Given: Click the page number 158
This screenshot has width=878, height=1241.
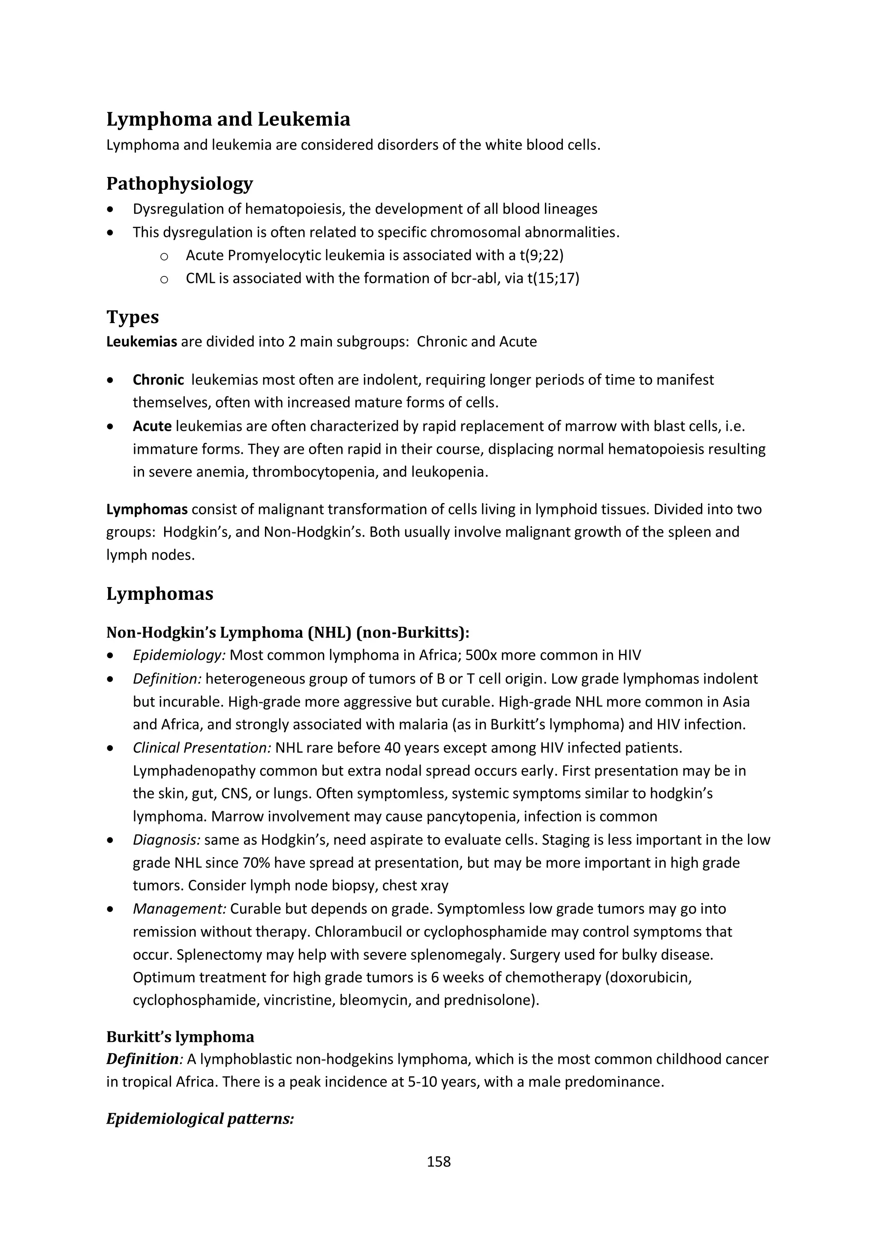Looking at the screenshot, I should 439,1161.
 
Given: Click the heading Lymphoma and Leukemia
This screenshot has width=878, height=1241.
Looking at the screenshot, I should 228,120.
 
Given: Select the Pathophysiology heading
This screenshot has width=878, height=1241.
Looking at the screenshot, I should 180,184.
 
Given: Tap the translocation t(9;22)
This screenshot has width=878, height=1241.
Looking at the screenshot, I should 538,255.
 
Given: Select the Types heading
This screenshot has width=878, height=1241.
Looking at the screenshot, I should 132,317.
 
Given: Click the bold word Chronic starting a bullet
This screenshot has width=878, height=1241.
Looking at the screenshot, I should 158,380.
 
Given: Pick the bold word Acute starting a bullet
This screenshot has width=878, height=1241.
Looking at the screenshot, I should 152,426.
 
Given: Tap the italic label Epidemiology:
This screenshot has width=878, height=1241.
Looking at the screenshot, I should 179,656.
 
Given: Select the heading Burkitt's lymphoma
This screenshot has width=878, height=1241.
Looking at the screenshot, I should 180,1037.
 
